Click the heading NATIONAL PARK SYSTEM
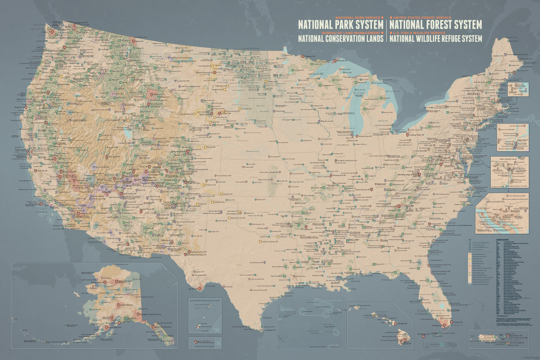pyautogui.click(x=341, y=25)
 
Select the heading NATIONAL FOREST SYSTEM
pyautogui.click(x=435, y=25)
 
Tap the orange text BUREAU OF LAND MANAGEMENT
pyautogui.click(x=351, y=33)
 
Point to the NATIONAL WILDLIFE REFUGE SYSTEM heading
pyautogui.click(x=435, y=38)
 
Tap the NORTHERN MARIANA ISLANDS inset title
pyautogui.click(x=205, y=300)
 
